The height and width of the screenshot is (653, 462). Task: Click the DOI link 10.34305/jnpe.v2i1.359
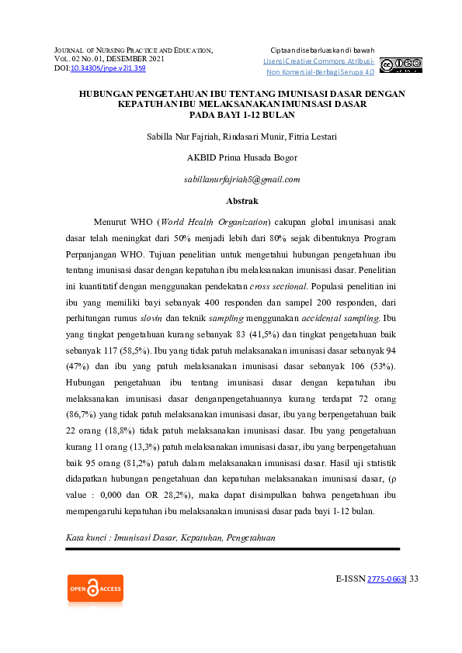[x=108, y=68]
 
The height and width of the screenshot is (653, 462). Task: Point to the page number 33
[x=414, y=579]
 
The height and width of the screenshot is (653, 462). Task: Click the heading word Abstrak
[x=231, y=201]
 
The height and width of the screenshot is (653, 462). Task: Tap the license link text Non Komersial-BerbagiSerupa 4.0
[x=320, y=71]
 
